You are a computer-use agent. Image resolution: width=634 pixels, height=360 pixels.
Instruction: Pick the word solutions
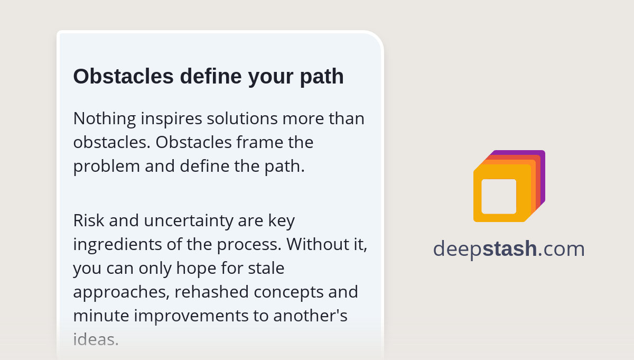pyautogui.click(x=243, y=118)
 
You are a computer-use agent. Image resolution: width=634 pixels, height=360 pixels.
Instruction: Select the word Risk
pyautogui.click(x=86, y=220)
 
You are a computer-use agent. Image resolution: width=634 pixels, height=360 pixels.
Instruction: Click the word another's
pyautogui.click(x=310, y=316)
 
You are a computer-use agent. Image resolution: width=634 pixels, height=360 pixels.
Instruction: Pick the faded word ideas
pyautogui.click(x=96, y=339)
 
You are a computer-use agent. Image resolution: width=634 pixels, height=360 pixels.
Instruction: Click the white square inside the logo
pyautogui.click(x=499, y=196)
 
